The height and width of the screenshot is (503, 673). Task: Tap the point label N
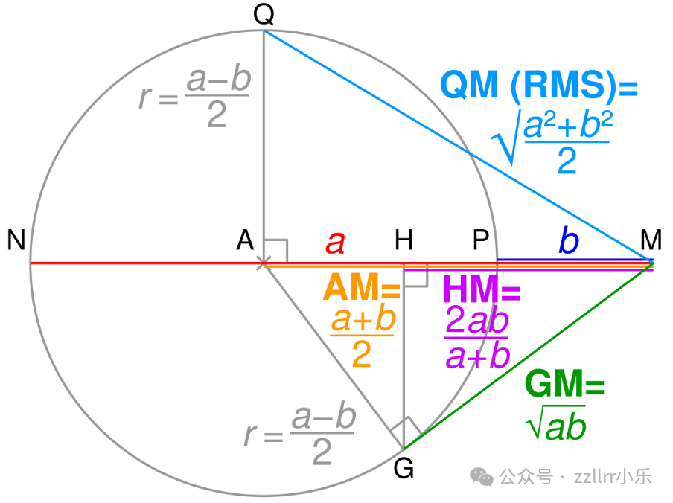[x=16, y=240]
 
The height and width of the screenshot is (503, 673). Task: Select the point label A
[x=245, y=240]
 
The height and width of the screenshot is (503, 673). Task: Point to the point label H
[x=404, y=240]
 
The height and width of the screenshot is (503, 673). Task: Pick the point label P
[x=481, y=240]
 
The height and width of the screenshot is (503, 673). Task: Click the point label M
[x=651, y=240]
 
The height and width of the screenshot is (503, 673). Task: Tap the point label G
[x=404, y=470]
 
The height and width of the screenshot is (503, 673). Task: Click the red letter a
[x=336, y=242]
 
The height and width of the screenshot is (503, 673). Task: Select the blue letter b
[x=568, y=241]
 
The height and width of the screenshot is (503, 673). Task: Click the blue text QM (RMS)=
[x=539, y=86]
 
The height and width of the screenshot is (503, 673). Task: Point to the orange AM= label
[x=362, y=288]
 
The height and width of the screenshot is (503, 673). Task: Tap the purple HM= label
[x=481, y=289]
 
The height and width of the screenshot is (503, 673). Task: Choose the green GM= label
[x=564, y=385]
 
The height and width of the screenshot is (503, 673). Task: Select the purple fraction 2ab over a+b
[x=477, y=339]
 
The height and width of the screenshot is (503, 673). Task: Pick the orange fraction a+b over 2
[x=362, y=339]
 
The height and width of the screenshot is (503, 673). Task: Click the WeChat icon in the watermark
[x=485, y=477]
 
